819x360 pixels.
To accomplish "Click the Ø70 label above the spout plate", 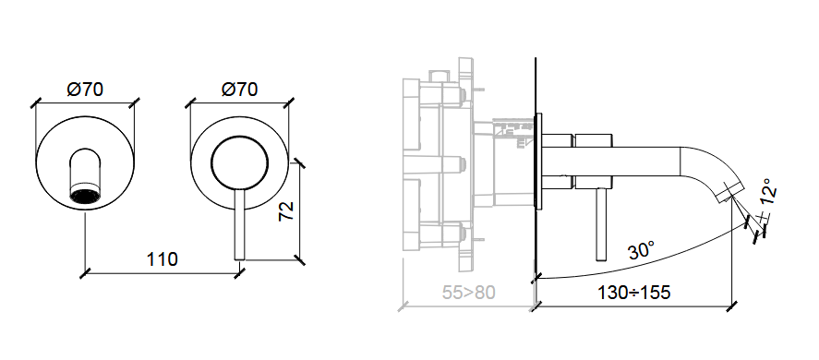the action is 85,90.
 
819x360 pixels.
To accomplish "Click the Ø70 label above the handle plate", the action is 240,90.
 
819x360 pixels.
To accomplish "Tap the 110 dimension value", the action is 162,258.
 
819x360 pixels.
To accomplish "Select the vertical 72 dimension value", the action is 286,210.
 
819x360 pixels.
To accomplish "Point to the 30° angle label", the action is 642,250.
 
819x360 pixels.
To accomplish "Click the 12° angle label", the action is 769,192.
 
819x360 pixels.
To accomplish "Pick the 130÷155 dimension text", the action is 633,293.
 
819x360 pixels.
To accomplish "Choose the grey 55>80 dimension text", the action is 468,293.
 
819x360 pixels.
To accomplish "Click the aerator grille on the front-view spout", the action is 85,197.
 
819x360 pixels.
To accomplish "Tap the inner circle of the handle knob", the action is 240,163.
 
